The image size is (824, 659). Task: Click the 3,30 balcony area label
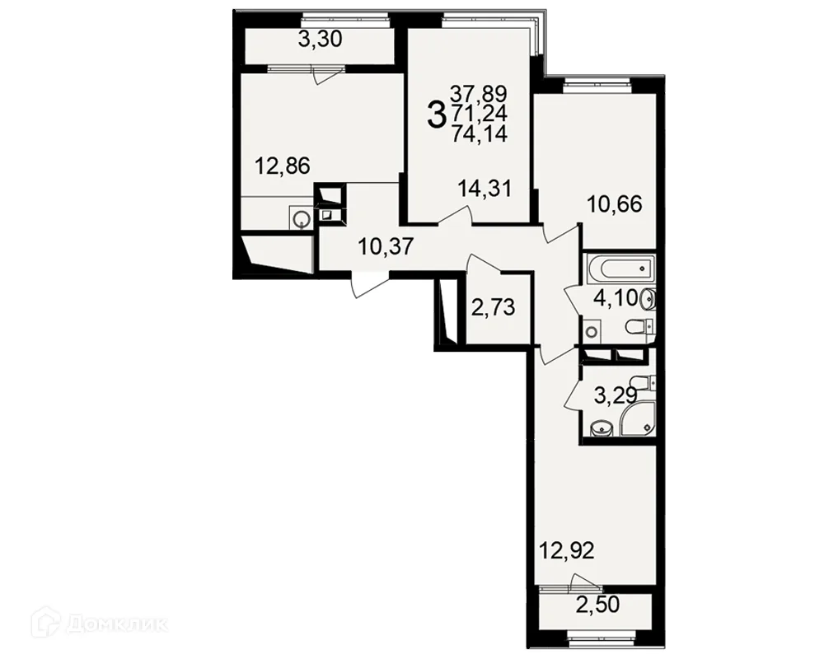click(320, 40)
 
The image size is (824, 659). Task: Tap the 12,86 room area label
click(282, 166)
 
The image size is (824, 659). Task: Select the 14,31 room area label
click(484, 188)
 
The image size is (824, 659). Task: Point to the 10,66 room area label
click(615, 204)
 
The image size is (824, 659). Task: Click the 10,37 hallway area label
click(386, 246)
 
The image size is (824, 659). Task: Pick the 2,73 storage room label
click(493, 307)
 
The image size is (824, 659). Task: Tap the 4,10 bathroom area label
click(616, 298)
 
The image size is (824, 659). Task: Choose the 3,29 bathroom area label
click(616, 395)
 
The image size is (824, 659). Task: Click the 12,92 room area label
click(567, 551)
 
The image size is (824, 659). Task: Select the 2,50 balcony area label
click(597, 605)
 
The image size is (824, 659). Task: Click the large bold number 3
click(436, 115)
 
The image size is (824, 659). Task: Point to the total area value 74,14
click(480, 134)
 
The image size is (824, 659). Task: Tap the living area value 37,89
click(479, 95)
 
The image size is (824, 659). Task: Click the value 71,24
click(480, 114)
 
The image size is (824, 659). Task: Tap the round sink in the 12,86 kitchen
click(302, 218)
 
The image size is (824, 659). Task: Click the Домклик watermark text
click(117, 624)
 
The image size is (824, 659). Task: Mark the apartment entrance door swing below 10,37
click(368, 285)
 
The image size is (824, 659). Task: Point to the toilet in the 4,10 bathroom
click(640, 327)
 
